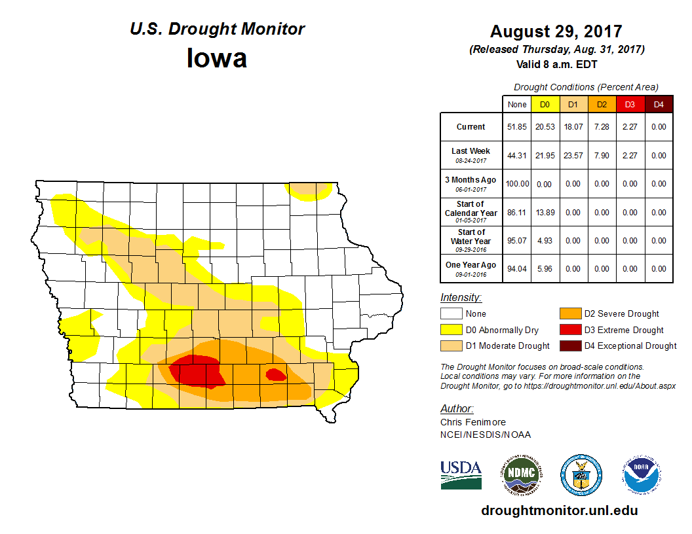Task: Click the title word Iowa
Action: click(217, 58)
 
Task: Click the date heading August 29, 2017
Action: click(556, 31)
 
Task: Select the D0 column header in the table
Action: click(545, 104)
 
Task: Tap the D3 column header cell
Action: click(630, 104)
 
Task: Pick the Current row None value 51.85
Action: click(517, 127)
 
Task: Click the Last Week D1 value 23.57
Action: click(573, 156)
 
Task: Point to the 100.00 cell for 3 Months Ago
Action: click(517, 184)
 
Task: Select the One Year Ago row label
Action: click(471, 268)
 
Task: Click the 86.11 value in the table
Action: click(517, 213)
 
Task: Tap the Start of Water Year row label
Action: click(471, 240)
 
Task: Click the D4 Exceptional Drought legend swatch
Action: click(569, 346)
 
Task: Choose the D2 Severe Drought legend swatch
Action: click(569, 313)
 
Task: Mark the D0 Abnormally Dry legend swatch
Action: click(450, 330)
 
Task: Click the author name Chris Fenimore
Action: click(472, 422)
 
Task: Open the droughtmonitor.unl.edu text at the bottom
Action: click(559, 510)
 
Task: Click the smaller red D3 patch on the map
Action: click(275, 374)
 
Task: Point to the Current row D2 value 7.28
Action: click(602, 127)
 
